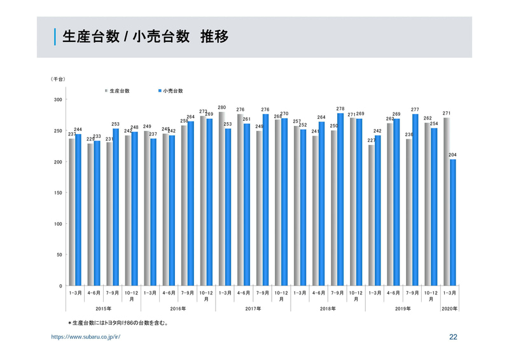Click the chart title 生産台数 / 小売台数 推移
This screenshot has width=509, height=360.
point(145,37)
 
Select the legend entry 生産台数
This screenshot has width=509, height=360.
point(118,91)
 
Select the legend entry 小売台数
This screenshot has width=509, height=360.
point(172,91)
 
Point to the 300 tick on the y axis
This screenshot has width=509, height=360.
point(57,100)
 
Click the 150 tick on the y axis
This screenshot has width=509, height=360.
point(57,193)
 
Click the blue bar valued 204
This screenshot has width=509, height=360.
point(452,223)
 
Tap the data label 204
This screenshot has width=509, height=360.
point(452,155)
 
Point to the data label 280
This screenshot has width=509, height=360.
point(221,107)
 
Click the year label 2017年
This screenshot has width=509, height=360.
point(253,308)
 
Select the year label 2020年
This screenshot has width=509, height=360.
point(449,308)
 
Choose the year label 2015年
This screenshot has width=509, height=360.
point(103,308)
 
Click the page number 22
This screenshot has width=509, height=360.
point(453,337)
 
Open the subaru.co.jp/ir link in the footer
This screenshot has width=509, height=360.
point(85,337)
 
